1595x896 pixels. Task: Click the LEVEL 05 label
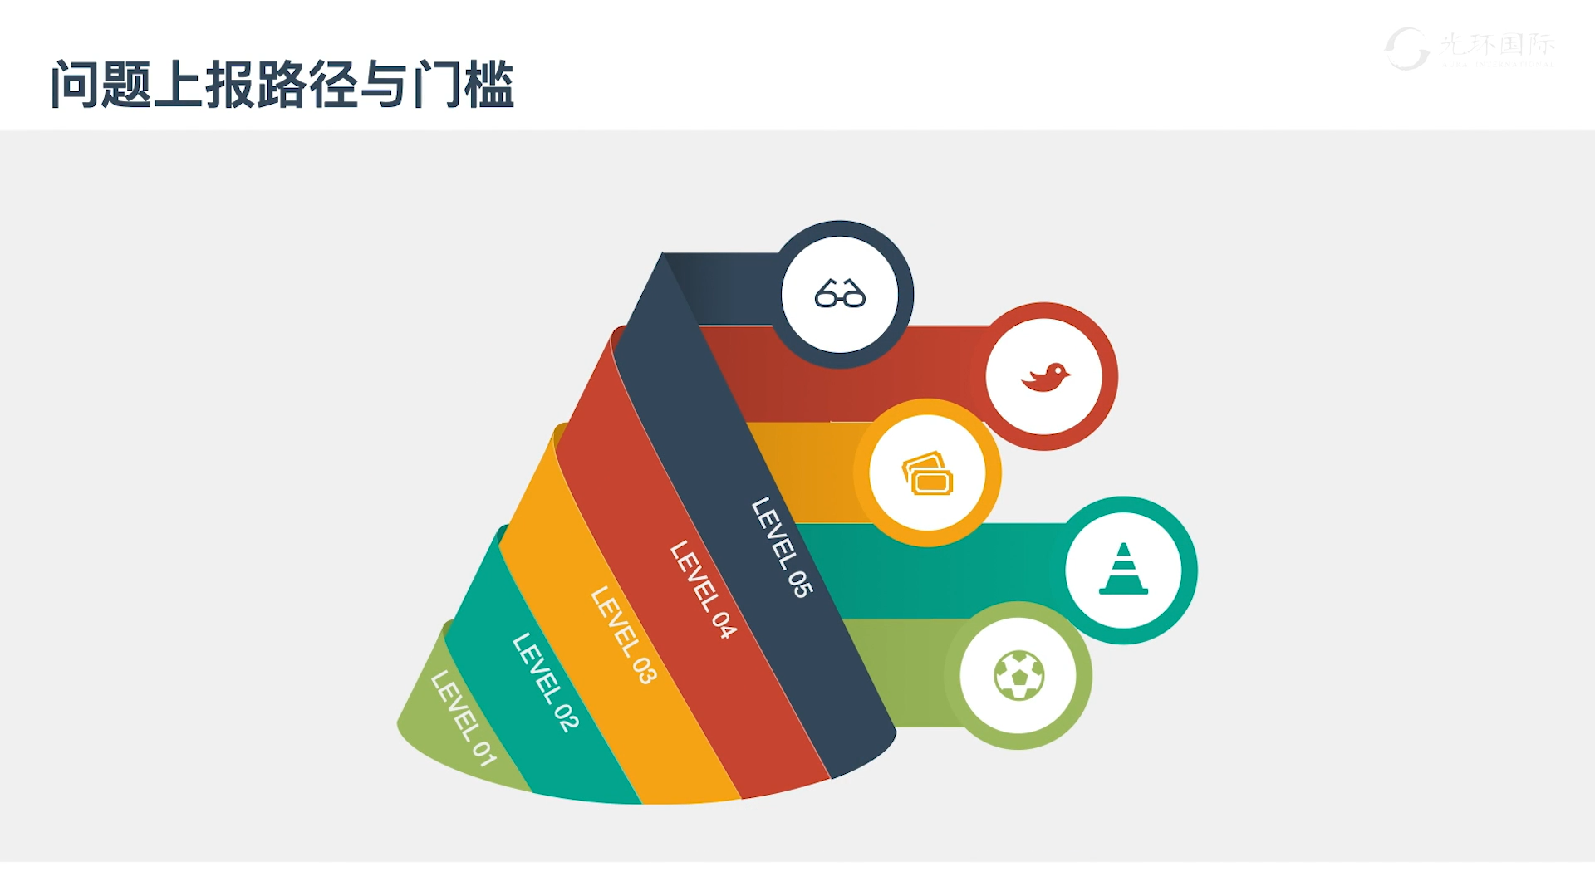coord(782,547)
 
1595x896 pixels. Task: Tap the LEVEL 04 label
coord(703,590)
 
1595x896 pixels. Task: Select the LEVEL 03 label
coord(623,635)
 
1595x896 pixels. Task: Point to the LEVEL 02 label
coord(545,683)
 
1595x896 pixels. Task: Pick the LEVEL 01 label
coord(464,718)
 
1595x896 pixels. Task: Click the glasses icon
coord(840,294)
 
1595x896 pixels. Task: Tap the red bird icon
coord(1045,377)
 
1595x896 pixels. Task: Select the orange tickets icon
coord(927,473)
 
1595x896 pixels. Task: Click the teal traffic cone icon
coord(1123,570)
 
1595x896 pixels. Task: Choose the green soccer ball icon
coord(1018,675)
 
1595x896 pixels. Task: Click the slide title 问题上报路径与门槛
coord(282,84)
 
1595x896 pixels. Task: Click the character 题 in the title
coord(127,84)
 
